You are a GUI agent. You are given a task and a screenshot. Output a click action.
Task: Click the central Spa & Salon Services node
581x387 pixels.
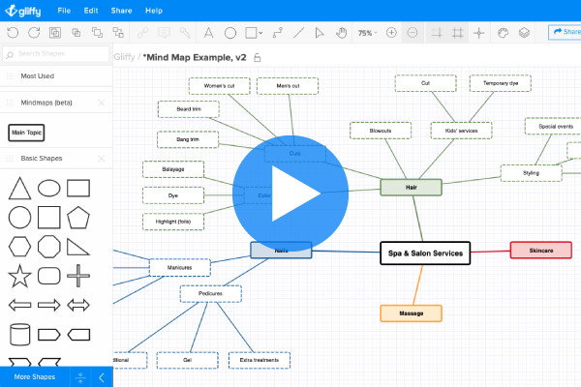click(425, 253)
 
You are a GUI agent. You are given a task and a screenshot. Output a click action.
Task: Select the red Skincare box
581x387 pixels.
click(540, 251)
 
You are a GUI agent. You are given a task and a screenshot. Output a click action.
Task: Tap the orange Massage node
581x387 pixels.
click(411, 313)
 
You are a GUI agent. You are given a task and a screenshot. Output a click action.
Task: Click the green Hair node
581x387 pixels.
click(411, 188)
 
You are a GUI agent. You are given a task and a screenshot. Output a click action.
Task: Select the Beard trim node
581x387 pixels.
click(188, 109)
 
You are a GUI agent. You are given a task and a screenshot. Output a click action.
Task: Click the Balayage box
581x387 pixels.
click(173, 169)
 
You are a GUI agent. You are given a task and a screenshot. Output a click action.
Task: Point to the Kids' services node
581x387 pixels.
click(461, 130)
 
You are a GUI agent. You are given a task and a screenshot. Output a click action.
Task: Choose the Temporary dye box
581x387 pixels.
click(501, 83)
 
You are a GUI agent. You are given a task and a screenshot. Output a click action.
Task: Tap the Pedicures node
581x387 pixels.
click(209, 293)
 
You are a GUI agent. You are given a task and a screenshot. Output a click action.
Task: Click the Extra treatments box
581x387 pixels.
click(260, 361)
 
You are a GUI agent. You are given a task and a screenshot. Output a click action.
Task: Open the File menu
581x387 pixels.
click(64, 11)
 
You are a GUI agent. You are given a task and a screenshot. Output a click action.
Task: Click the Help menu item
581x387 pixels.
click(154, 11)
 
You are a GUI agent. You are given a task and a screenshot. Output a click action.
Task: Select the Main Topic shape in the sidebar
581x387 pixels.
click(27, 132)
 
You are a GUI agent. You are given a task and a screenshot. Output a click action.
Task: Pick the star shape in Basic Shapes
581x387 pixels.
click(18, 278)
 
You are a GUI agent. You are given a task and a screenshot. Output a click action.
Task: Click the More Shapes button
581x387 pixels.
click(35, 376)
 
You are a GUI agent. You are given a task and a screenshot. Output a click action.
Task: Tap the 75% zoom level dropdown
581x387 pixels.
click(367, 32)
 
